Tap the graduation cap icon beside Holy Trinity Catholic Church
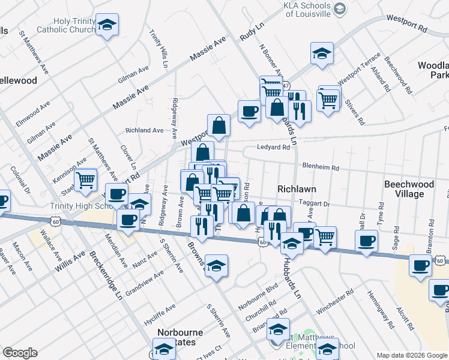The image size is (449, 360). coord(107,25)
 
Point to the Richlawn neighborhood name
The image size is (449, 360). coord(297,188)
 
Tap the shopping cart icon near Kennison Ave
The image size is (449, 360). coord(86,179)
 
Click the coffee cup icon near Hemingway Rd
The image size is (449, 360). coord(366,242)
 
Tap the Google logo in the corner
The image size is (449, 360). coord(20,353)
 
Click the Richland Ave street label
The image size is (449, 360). coord(144,130)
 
